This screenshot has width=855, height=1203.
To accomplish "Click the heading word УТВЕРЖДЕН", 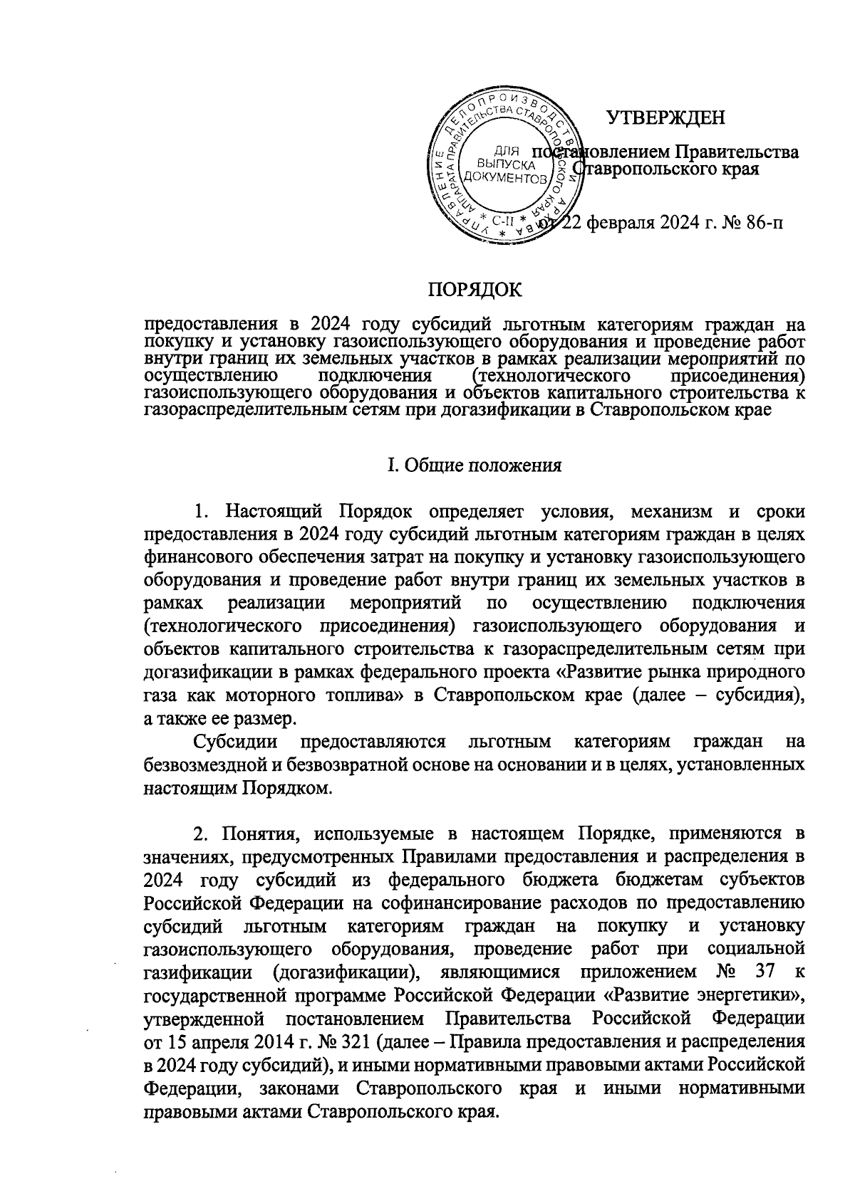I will coord(665,117).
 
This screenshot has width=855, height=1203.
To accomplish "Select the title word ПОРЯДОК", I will coord(474,290).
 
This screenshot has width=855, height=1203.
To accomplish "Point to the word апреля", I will coord(218,1043).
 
